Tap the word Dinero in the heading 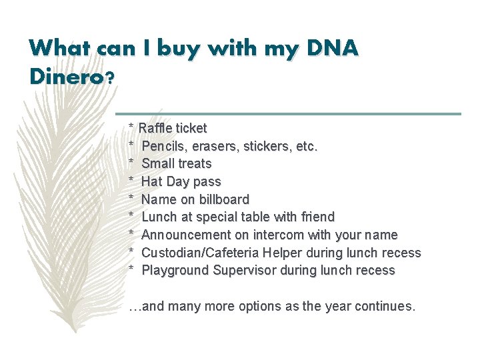(x=65, y=77)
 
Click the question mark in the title (x=110, y=77)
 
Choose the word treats (x=194, y=164)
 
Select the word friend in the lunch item (x=314, y=217)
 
